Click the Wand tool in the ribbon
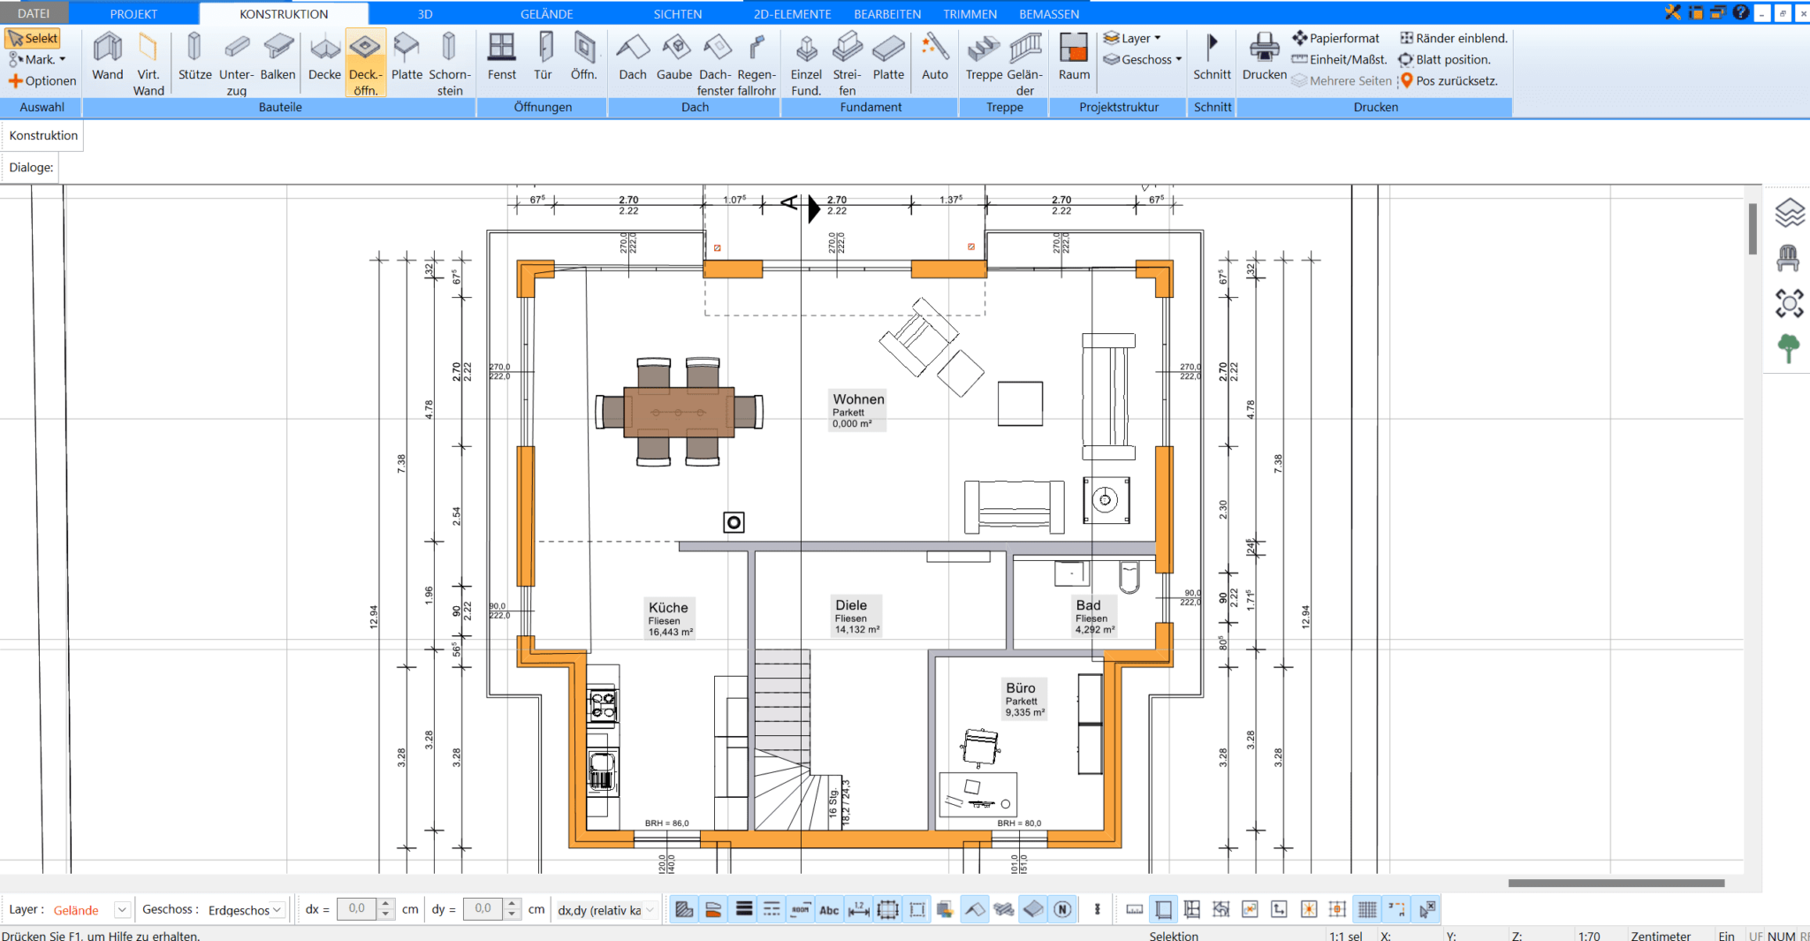click(x=108, y=57)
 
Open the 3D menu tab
click(x=425, y=13)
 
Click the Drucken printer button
click(x=1264, y=57)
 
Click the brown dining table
click(x=679, y=413)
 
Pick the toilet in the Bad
click(x=1129, y=576)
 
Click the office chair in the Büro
click(x=980, y=747)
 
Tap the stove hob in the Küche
click(x=603, y=706)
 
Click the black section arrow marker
click(x=814, y=209)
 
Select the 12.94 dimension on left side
click(x=374, y=616)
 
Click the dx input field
click(x=357, y=908)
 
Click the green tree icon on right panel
click(x=1789, y=348)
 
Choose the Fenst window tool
click(x=501, y=57)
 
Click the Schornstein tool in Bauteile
click(x=449, y=57)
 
